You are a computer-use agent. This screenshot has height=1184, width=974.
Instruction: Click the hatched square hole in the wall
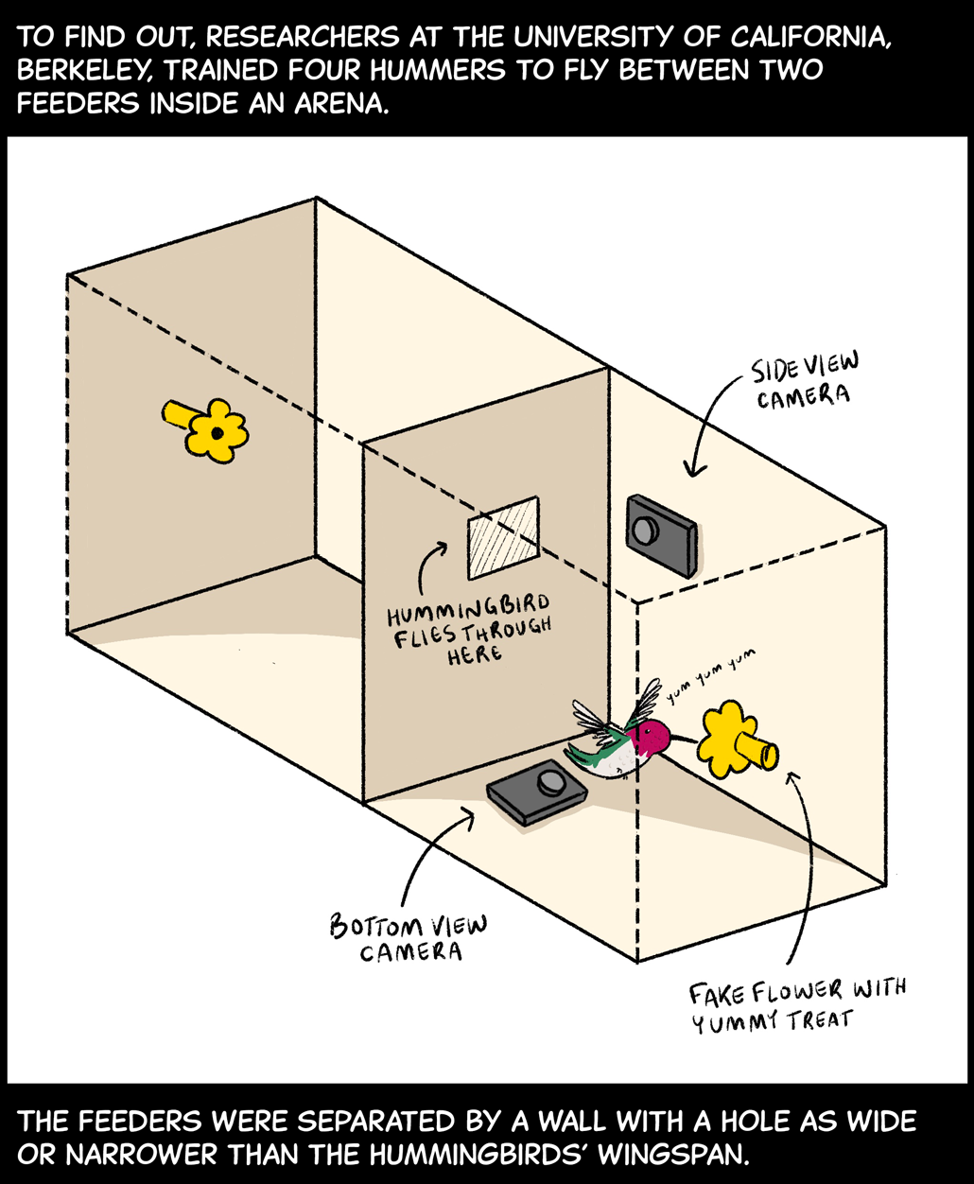(503, 537)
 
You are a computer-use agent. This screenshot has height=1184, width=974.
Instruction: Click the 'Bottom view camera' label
(409, 937)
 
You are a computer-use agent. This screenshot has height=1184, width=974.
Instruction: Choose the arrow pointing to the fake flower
(804, 870)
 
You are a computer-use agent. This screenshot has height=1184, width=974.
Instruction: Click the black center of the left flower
(217, 432)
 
